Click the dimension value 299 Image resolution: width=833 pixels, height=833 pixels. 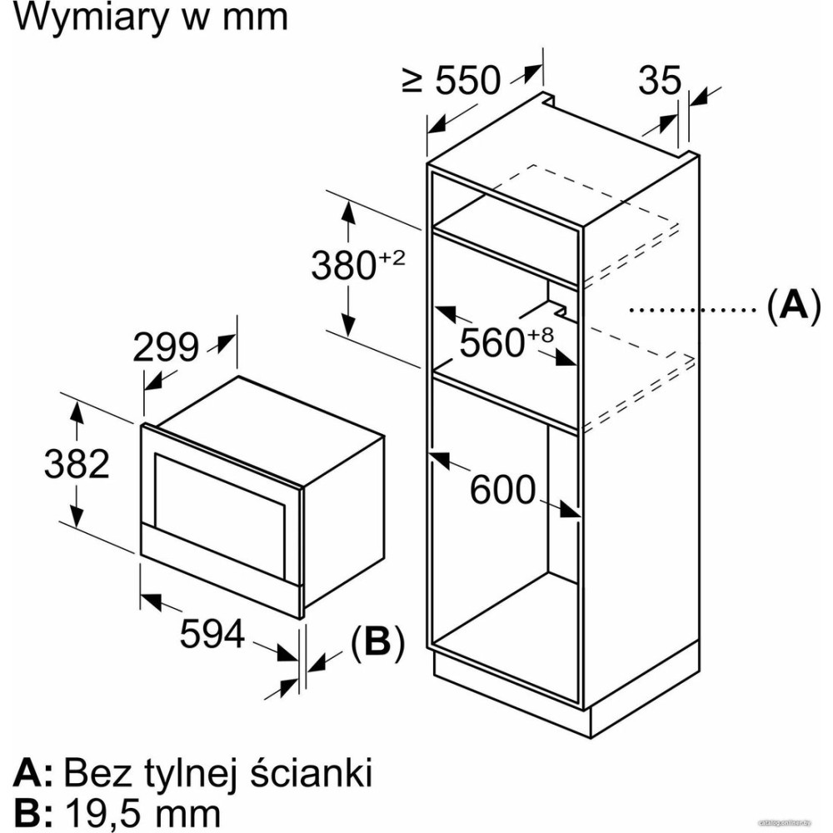(x=166, y=348)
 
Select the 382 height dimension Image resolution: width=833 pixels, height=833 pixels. (x=77, y=464)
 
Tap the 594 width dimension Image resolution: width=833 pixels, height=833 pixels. (x=212, y=635)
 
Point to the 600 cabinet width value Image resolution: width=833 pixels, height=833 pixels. (x=502, y=491)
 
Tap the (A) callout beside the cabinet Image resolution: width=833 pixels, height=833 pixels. (x=788, y=307)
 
